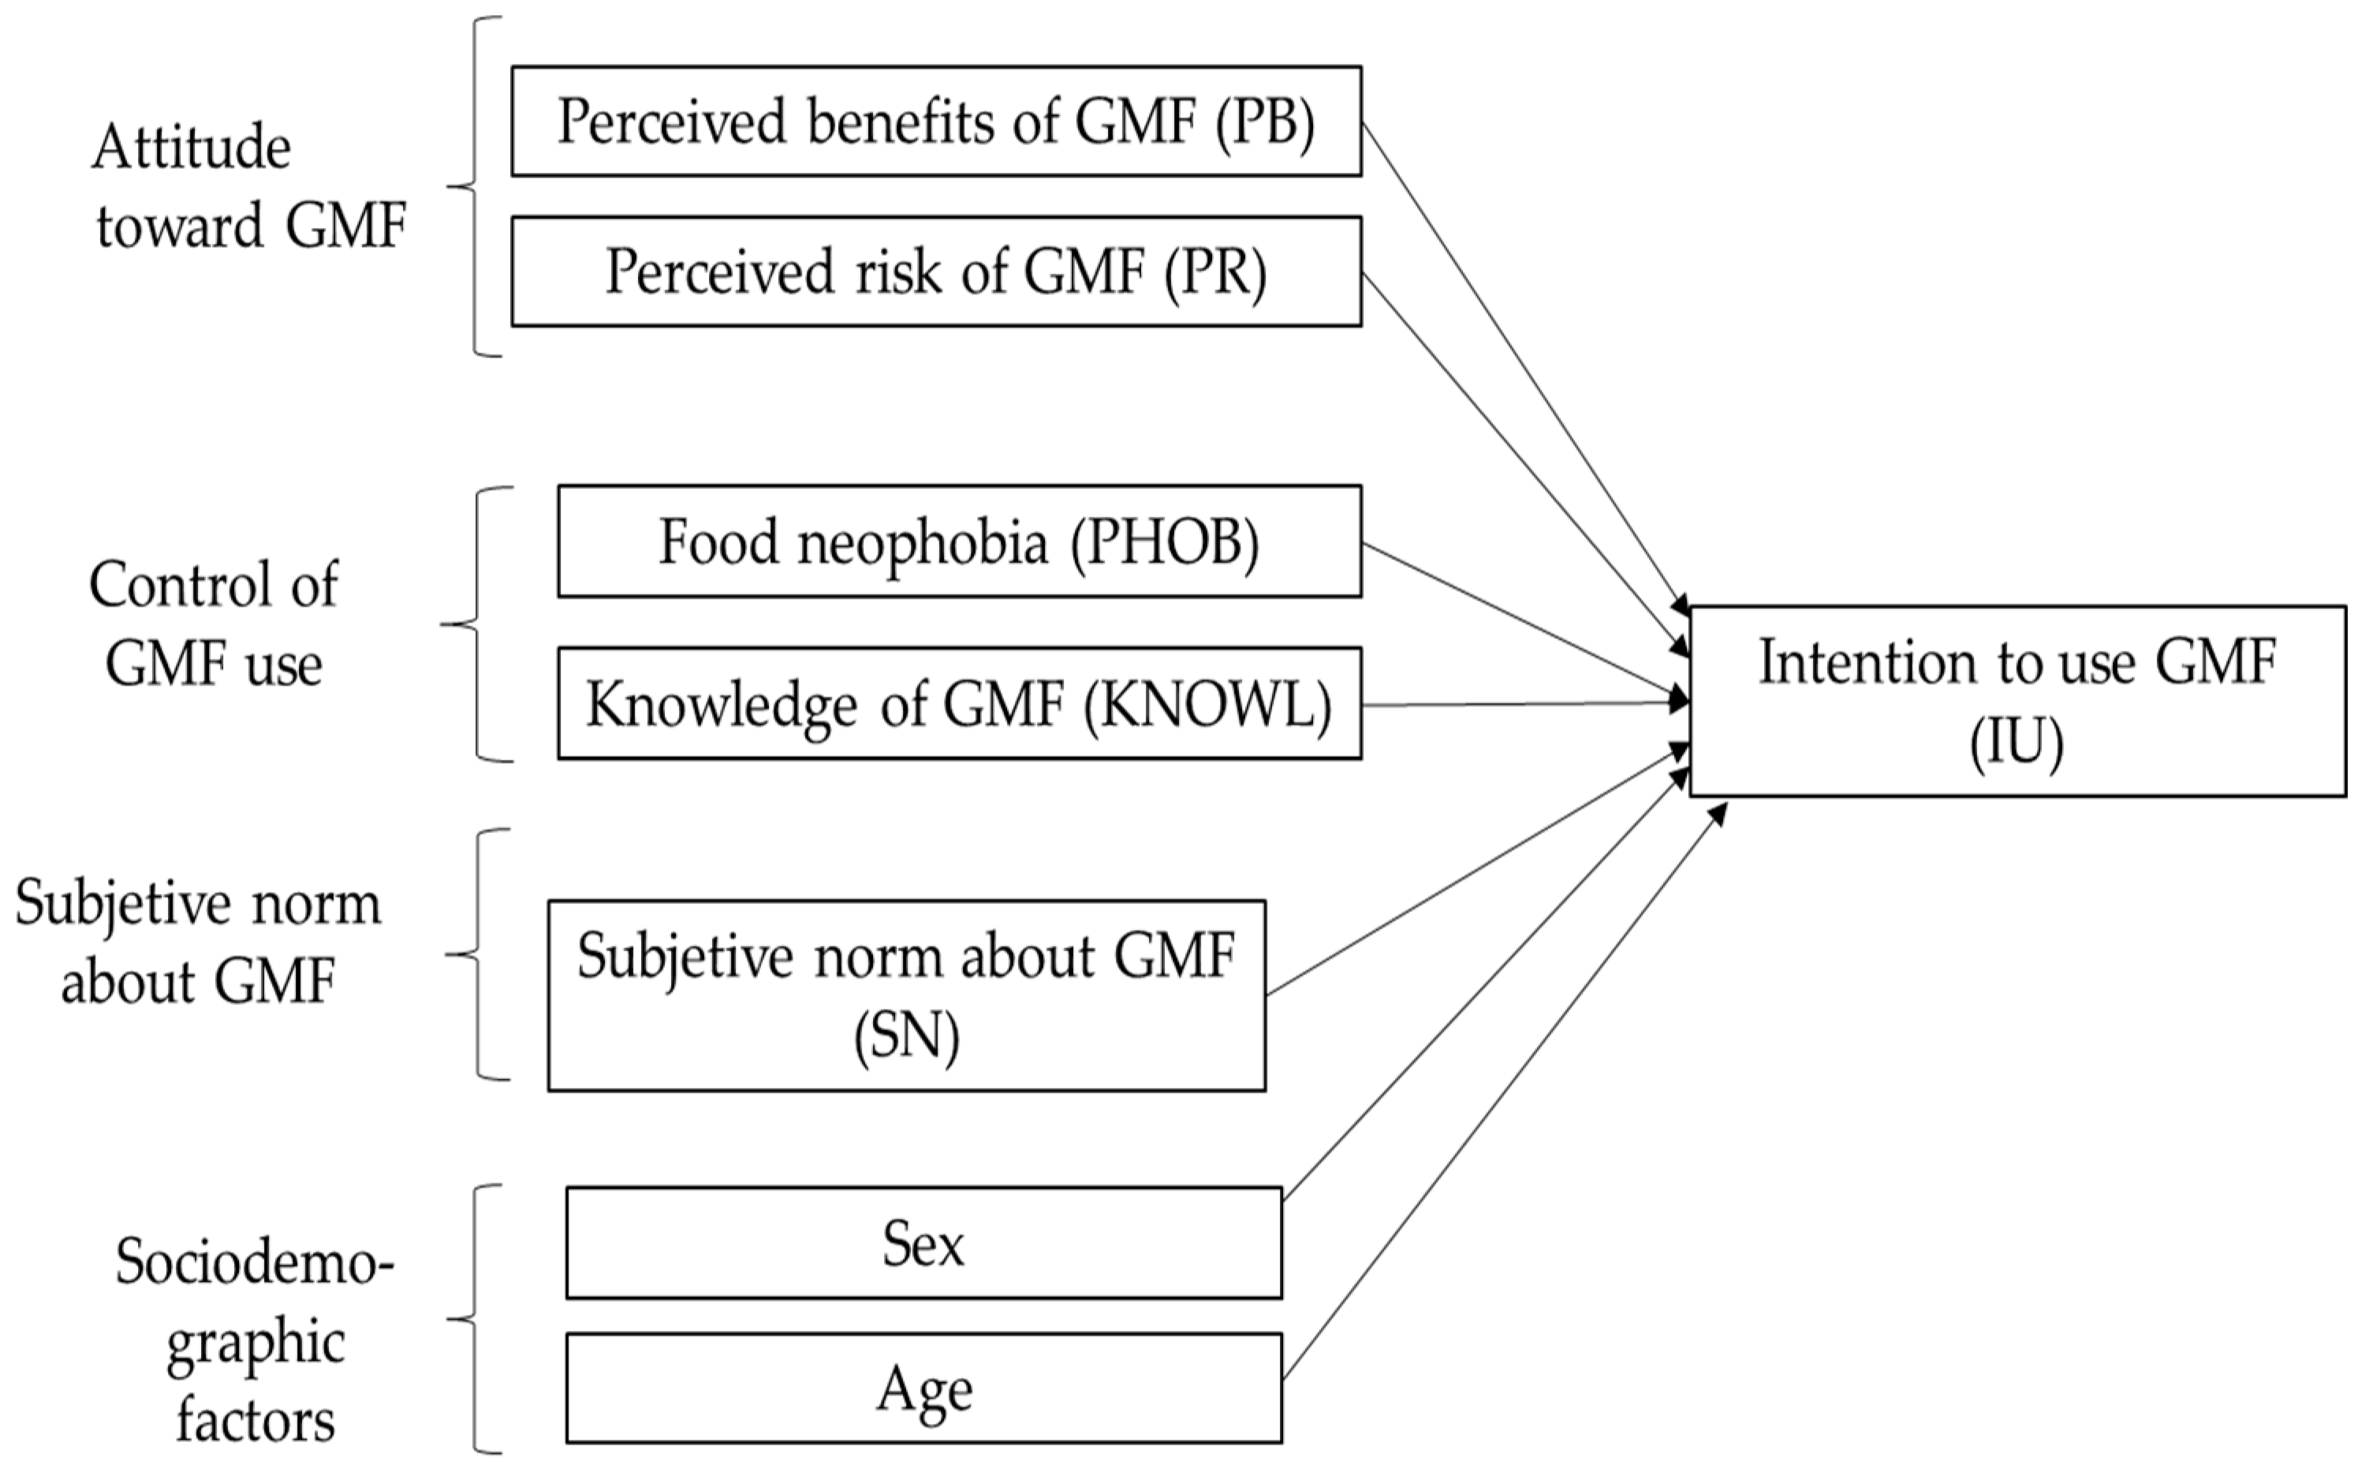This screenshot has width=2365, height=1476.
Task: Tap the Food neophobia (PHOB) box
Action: [959, 541]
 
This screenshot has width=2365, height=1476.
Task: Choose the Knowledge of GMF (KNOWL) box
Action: [959, 703]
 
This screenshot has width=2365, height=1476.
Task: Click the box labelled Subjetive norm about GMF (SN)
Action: [906, 995]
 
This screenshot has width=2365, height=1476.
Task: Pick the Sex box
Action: [923, 1242]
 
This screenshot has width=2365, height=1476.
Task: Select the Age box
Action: [923, 1388]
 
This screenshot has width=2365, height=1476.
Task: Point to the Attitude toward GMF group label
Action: [248, 186]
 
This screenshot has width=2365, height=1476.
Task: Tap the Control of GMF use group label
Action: [214, 625]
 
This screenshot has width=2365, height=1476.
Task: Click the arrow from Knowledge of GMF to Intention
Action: [1522, 704]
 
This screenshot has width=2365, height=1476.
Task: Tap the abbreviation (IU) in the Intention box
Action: [2016, 744]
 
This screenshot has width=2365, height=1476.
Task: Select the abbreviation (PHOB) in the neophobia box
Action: [1164, 543]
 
